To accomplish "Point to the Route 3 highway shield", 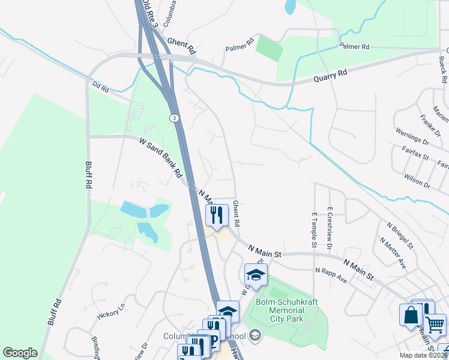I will (173, 118).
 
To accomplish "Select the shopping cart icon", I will (435, 325).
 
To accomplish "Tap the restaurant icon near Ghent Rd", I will (217, 214).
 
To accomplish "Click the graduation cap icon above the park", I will (256, 275).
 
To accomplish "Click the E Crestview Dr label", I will (330, 228).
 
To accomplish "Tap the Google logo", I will (20, 353).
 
